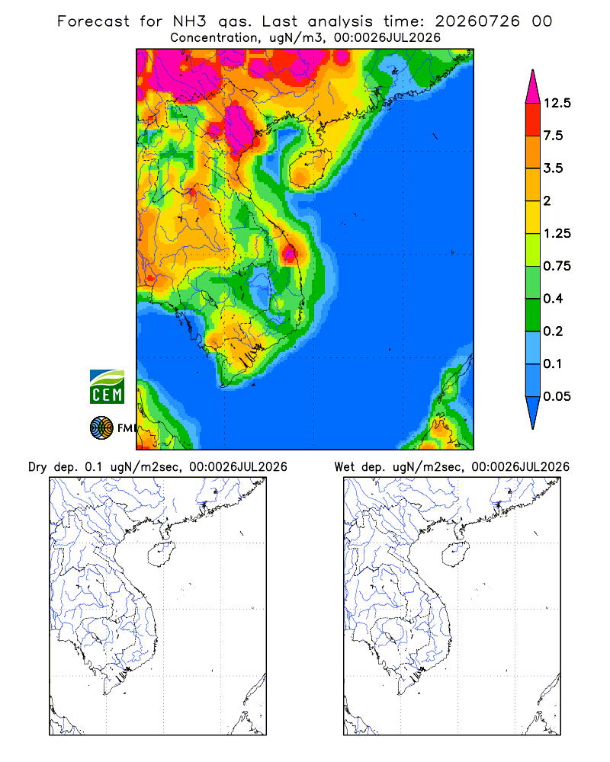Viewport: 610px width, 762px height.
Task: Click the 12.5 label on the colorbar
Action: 557,103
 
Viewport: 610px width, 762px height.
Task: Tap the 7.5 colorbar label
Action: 553,136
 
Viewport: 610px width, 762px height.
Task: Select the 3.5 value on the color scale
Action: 553,168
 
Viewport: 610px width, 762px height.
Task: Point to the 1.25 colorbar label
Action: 557,233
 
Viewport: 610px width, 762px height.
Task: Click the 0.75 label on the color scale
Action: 557,266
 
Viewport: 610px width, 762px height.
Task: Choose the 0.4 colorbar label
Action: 553,299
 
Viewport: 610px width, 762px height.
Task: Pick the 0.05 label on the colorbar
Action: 557,396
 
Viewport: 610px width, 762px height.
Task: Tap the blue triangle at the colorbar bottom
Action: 533,410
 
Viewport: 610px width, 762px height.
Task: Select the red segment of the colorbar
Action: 533,120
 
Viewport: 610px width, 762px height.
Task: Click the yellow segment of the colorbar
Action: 533,217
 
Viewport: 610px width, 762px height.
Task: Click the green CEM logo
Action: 107,387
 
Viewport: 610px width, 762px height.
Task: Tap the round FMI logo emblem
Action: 101,428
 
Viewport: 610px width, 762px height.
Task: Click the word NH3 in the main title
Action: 190,21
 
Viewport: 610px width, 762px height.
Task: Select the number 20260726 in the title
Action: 477,21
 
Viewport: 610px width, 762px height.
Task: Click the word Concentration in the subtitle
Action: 214,38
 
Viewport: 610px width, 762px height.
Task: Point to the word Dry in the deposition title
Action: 37,467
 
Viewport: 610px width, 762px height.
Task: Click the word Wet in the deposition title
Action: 345,467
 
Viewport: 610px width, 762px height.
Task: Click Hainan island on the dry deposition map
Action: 161,555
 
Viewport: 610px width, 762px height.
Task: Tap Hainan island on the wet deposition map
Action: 455,555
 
